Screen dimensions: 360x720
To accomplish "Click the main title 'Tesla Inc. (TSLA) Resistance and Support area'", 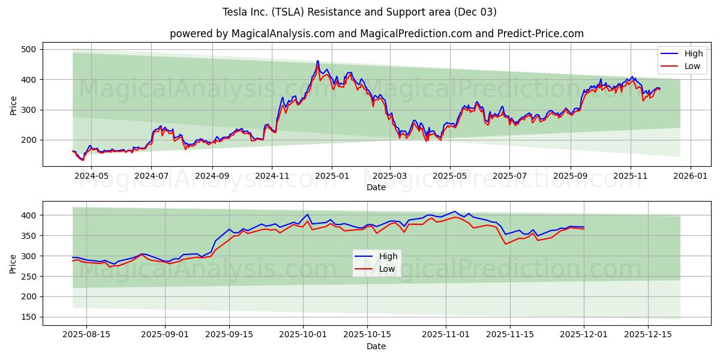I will coord(359,12).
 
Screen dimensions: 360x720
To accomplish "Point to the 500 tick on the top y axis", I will coord(28,49).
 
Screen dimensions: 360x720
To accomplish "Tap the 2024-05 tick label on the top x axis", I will coord(92,176).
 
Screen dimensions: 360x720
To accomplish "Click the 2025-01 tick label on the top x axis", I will coord(331,176).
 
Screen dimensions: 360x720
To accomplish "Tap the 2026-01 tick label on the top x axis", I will coord(691,176).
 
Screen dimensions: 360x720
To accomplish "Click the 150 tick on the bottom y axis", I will coord(28,317).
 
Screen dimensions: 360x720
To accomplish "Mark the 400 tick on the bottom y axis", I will coord(28,215).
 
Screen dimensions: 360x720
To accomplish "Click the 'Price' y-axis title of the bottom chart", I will coord(13,263).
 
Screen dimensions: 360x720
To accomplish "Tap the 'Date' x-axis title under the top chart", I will coord(376,188).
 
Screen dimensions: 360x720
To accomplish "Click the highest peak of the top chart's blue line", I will coord(317,61).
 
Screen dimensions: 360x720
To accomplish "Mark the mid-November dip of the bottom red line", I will coord(505,244).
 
